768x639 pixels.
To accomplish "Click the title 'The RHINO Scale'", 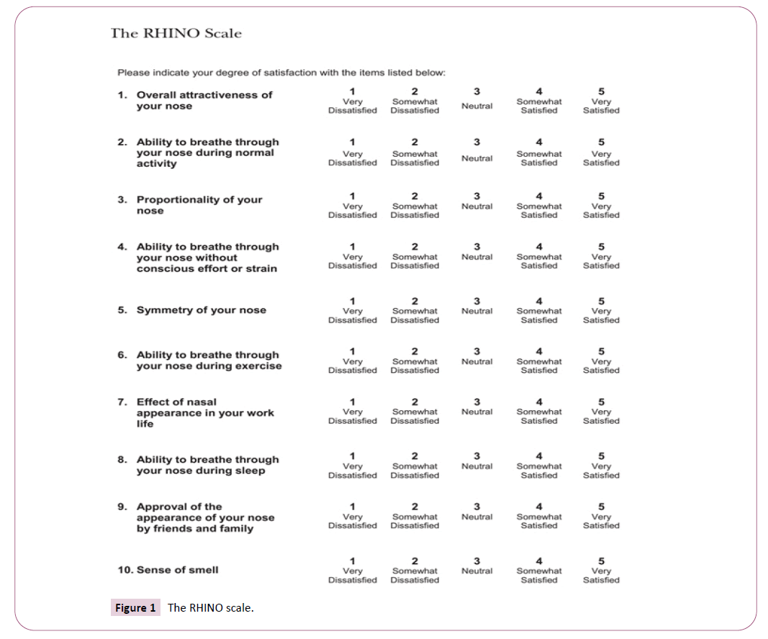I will click(176, 33).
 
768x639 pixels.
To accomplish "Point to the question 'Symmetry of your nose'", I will click(201, 310).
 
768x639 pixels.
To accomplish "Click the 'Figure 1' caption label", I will click(135, 608).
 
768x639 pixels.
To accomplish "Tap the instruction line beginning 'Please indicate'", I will click(281, 73).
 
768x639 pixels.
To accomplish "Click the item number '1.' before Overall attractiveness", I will click(122, 95).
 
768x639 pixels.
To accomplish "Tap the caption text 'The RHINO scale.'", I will click(210, 608).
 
